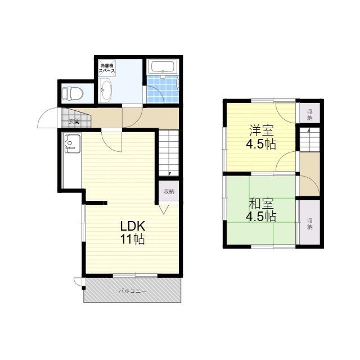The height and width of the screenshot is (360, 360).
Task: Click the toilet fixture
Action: pos(73,93)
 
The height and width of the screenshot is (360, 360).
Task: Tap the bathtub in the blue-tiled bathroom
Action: pos(163,67)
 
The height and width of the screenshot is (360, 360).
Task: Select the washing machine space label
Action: pos(107,68)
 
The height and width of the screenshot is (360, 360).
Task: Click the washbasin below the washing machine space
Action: pos(105,90)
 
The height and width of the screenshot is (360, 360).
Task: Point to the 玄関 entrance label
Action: pos(74,121)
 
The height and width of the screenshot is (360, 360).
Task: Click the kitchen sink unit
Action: pos(73,144)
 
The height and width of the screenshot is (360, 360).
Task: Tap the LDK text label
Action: pos(133,226)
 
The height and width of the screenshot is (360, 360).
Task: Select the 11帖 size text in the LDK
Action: pos(133,239)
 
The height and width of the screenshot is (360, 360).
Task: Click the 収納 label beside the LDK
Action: pos(169,191)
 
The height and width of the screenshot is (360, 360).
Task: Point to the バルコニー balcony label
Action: pos(133,291)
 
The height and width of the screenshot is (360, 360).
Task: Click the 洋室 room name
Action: pos(261,130)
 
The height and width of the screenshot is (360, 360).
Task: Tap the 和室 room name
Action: pos(261,204)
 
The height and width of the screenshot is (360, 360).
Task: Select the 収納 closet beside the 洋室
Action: pos(310,115)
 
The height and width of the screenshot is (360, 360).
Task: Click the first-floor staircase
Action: pos(169,153)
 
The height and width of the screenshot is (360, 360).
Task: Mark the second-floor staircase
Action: pos(309,139)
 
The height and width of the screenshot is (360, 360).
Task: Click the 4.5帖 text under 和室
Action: pos(261,216)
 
